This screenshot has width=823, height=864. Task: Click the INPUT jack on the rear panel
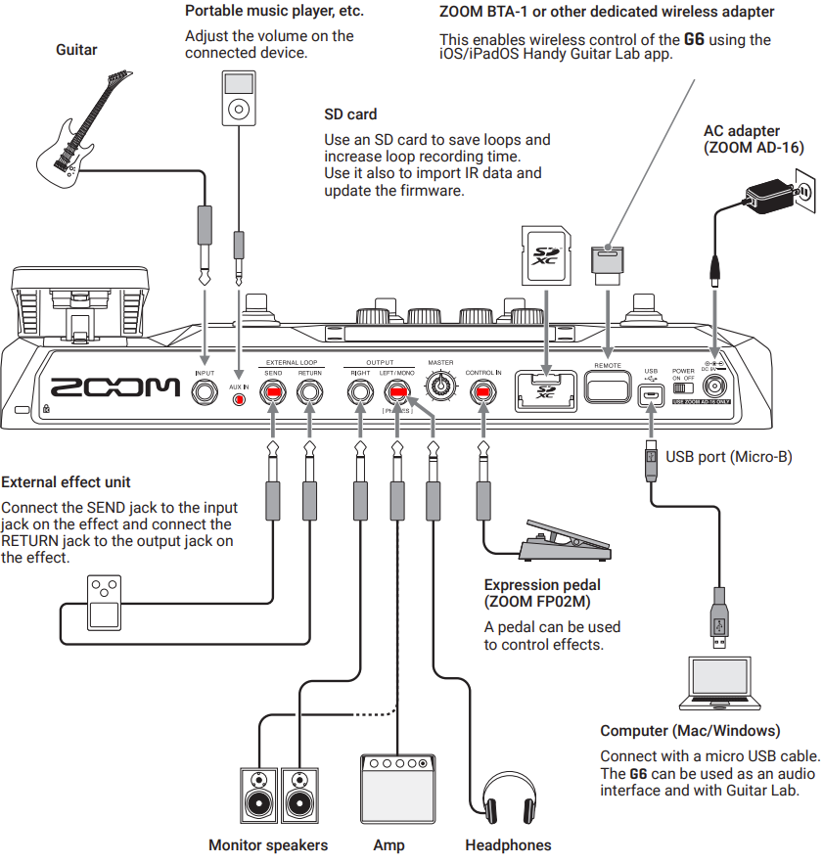tap(205, 392)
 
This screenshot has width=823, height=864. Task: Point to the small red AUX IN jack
tap(239, 400)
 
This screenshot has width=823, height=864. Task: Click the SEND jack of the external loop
tap(273, 392)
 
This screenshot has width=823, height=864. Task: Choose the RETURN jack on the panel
tap(309, 392)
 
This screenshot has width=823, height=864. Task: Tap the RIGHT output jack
tap(360, 392)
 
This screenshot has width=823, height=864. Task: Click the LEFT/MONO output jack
tap(396, 392)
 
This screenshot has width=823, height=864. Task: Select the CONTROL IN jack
tap(483, 392)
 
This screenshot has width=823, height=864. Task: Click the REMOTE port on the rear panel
tap(608, 387)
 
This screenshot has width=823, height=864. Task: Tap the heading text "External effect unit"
tap(67, 482)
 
